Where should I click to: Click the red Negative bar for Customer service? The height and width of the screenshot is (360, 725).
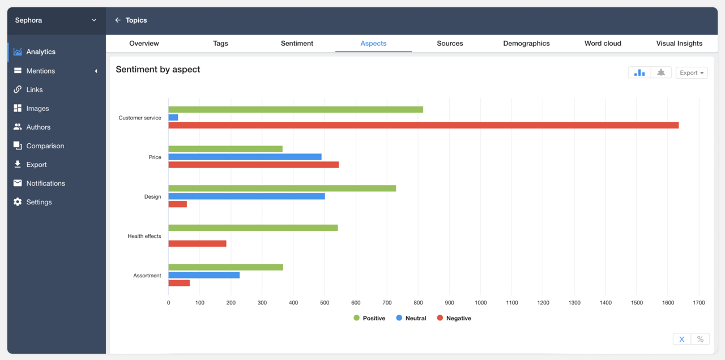423,125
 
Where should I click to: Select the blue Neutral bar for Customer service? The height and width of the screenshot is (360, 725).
173,117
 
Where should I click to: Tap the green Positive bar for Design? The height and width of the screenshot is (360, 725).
282,188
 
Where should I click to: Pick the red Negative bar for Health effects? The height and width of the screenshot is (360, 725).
197,243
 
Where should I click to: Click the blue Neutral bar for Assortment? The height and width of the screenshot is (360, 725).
204,275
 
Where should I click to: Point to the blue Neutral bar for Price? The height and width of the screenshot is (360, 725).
245,157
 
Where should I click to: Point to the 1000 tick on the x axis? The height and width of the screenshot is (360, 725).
481,303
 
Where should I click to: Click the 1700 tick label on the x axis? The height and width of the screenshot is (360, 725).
699,303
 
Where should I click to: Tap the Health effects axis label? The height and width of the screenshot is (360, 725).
144,236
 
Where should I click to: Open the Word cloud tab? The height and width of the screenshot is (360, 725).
603,44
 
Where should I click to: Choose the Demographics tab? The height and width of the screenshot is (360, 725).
526,44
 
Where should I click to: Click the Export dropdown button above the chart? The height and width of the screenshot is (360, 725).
692,72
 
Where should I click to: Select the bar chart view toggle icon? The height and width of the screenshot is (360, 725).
639,72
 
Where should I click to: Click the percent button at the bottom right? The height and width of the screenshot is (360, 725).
700,339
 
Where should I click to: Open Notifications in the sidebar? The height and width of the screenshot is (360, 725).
45,183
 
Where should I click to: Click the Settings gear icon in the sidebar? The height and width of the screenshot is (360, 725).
18,202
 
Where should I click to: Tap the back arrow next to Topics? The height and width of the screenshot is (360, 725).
118,20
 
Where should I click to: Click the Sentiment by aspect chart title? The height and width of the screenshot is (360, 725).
158,70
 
